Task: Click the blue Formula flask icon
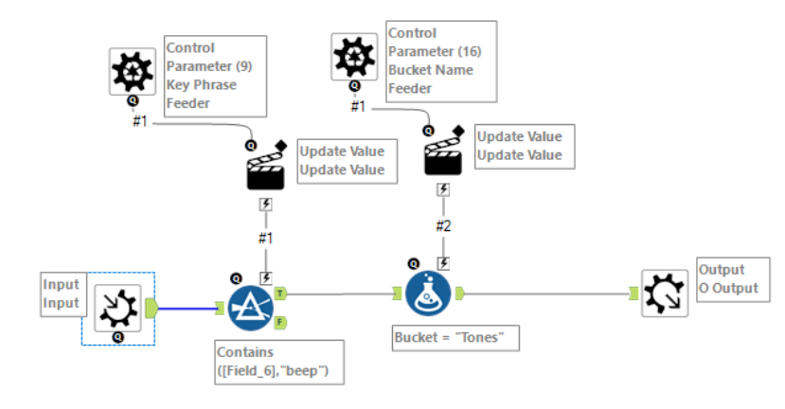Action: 428,293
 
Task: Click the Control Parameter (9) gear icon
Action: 133,71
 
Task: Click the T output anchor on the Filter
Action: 281,294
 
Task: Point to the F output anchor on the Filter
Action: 281,322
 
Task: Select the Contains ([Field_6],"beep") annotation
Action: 278,361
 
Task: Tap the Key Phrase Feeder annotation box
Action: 215,76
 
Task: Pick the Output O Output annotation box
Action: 729,278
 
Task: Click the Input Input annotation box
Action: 62,293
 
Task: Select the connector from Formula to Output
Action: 549,293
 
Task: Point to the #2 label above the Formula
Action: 442,226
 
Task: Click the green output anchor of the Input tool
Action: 152,306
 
